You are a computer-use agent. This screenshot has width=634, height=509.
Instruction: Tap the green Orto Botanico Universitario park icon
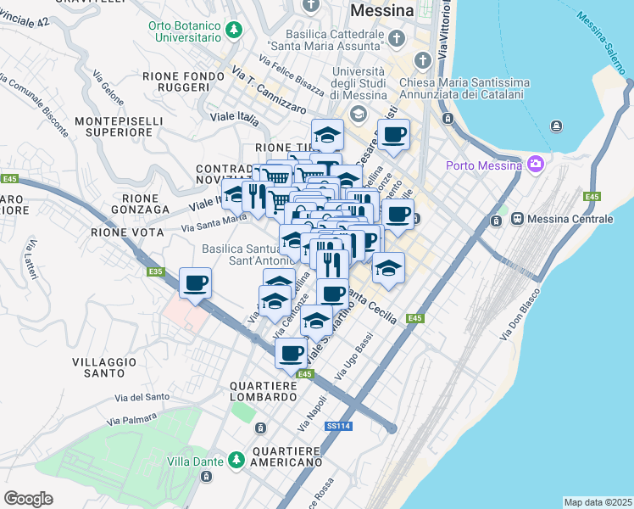[233, 31]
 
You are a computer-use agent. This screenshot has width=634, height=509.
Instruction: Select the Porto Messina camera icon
[535, 164]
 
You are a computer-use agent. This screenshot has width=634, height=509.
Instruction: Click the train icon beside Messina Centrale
[516, 219]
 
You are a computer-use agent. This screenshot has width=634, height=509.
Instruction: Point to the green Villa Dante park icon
[236, 461]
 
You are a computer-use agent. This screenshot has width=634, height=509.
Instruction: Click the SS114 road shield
[337, 426]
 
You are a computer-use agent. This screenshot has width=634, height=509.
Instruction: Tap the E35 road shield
[154, 271]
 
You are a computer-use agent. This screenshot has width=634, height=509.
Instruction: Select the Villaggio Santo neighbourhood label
[104, 367]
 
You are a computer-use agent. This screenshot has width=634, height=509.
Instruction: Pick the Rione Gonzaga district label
[136, 204]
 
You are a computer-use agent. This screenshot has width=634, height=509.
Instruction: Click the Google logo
[28, 499]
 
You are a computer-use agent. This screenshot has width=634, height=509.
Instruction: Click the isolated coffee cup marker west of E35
[195, 282]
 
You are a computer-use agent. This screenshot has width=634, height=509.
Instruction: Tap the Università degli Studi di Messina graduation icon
[358, 113]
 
